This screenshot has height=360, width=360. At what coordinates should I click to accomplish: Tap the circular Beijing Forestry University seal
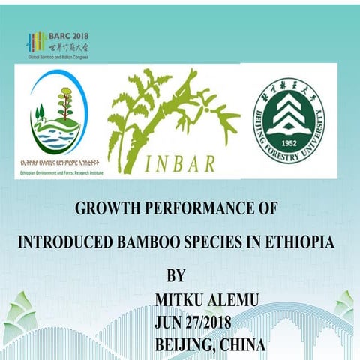pyautogui.click(x=288, y=123)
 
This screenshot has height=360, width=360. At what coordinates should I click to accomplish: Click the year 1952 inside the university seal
pyautogui.click(x=288, y=142)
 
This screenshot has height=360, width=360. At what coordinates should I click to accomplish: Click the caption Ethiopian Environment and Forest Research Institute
pyautogui.click(x=58, y=172)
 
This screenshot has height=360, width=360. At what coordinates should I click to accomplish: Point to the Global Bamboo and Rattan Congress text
pyautogui.click(x=58, y=57)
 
